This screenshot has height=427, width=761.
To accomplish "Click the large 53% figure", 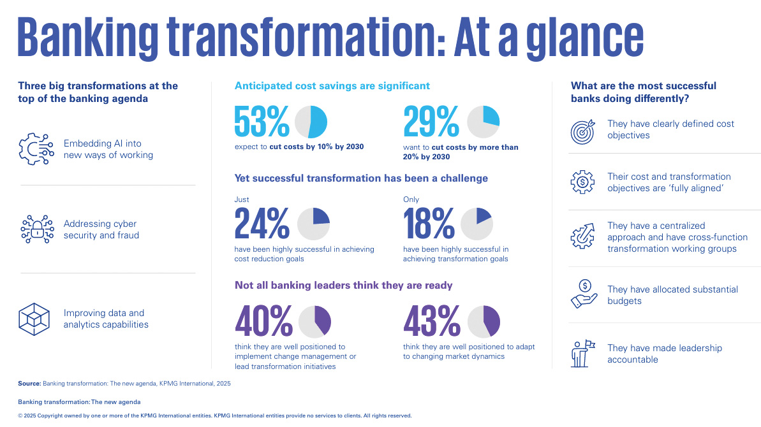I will [x=262, y=121].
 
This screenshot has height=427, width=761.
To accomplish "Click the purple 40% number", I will [x=263, y=322].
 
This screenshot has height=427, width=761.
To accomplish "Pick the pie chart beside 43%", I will [x=484, y=322].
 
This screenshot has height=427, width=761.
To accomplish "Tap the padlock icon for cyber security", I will [x=37, y=229].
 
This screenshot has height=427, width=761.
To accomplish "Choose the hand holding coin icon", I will [x=583, y=294].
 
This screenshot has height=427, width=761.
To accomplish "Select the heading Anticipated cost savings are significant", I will [x=332, y=85].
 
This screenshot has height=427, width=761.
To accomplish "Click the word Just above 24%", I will [x=242, y=199].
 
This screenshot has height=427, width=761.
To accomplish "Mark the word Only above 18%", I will [x=411, y=199].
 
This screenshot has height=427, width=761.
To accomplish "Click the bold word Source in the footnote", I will [x=29, y=384].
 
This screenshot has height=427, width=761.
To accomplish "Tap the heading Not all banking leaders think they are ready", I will [x=343, y=285].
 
